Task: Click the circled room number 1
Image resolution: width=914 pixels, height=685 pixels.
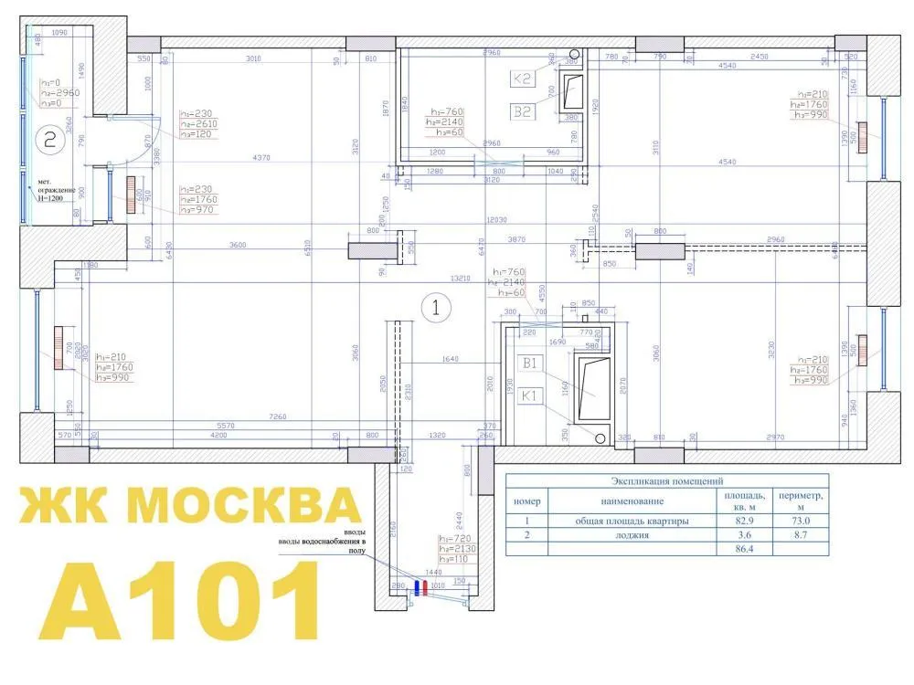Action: point(436,307)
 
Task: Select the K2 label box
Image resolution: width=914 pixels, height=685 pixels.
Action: point(523,79)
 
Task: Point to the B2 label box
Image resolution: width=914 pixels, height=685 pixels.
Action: point(523,112)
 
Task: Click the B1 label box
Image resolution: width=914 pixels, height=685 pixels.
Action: point(532,364)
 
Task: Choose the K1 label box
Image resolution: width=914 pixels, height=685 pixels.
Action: point(532,396)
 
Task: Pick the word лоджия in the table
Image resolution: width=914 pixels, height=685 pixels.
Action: point(631,535)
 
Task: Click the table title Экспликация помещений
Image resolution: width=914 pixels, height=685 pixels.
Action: point(667,480)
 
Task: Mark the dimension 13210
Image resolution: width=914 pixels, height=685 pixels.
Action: point(460,278)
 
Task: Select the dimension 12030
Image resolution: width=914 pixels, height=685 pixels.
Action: point(498,220)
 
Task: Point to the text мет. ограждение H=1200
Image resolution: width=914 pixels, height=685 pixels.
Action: point(56,188)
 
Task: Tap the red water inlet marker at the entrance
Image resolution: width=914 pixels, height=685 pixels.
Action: point(420,587)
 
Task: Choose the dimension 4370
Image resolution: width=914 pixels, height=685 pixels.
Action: point(263,159)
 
